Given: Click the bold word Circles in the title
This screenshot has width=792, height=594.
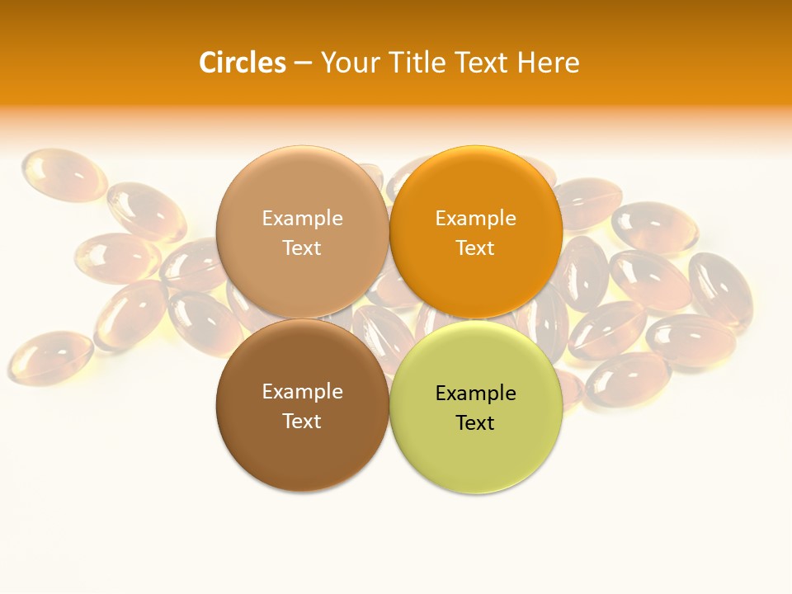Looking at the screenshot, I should [242, 63].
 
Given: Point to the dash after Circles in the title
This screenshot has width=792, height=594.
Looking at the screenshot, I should [303, 64].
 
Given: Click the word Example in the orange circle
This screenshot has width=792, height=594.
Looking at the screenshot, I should [475, 219].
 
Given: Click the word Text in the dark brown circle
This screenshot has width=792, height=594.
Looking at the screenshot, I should [302, 421].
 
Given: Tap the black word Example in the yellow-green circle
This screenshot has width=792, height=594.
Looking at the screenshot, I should [475, 394].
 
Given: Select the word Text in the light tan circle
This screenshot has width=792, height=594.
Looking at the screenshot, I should [302, 248].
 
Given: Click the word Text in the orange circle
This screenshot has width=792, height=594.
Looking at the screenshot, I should [475, 248].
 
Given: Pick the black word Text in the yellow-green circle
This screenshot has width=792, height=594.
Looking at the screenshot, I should [475, 423].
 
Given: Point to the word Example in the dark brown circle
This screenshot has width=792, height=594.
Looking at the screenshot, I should [302, 392].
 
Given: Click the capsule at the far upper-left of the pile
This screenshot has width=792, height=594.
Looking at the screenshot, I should [64, 173].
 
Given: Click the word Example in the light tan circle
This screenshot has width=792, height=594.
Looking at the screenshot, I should [302, 219].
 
